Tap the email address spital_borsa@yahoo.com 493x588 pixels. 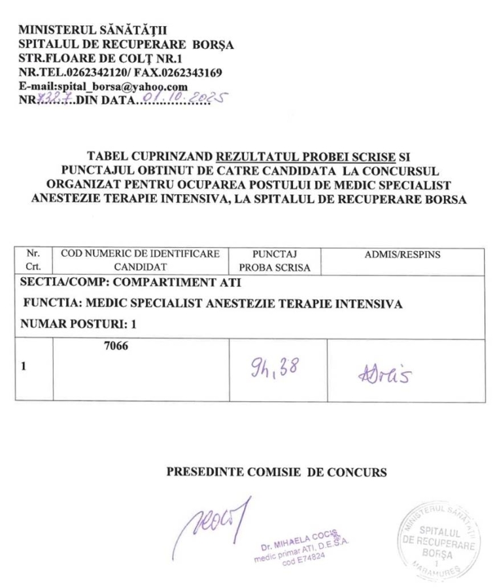pos(118,87)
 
